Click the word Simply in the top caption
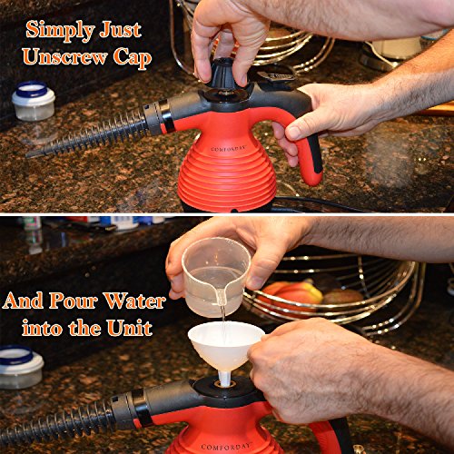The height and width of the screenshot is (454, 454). point(61,31)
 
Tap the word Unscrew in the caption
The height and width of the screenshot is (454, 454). point(65,56)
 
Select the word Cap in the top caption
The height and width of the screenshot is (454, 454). point(133,58)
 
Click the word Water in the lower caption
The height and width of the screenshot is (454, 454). point(134,301)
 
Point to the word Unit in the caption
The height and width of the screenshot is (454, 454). point(130,328)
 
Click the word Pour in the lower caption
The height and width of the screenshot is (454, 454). point(74,301)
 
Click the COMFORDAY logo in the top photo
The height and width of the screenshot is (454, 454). point(228,149)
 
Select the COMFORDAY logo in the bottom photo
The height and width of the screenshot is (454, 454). point(226,447)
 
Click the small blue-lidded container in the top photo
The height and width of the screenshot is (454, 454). point(34,101)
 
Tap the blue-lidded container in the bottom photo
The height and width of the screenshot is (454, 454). point(20,367)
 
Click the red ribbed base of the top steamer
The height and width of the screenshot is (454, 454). point(227,175)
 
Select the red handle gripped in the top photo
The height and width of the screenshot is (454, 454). point(306,152)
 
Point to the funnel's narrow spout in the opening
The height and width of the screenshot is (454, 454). point(224,379)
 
